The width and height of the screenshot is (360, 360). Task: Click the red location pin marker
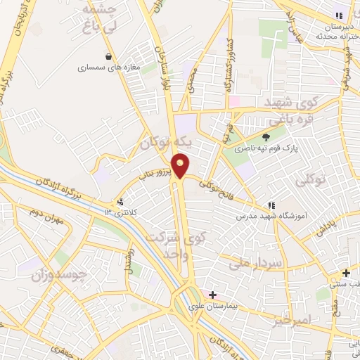coord(181,165)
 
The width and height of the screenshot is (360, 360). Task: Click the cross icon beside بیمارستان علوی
coord(212,295)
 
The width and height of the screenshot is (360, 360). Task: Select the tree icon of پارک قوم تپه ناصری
coord(266,137)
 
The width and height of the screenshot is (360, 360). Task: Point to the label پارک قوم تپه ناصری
coord(265,149)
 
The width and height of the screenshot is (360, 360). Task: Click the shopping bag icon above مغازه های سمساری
coord(108,56)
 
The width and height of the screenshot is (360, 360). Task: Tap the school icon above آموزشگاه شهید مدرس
coord(271,205)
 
